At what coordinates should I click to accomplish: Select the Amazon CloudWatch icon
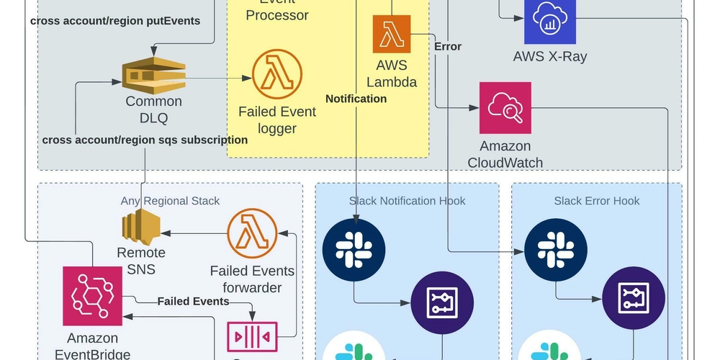click(x=505, y=107)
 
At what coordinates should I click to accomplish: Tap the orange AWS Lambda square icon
click(x=391, y=34)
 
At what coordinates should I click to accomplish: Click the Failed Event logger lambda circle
click(x=276, y=75)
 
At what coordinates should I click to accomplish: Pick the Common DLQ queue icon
click(x=153, y=76)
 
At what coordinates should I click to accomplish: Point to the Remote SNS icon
click(x=140, y=227)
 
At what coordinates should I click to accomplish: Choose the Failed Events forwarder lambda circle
click(x=252, y=235)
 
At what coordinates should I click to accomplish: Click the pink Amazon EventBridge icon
click(x=92, y=296)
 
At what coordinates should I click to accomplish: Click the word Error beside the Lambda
click(x=448, y=46)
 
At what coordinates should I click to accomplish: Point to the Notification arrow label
click(x=356, y=98)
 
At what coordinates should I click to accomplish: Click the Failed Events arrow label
click(x=193, y=301)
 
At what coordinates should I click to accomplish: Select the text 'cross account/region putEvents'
click(x=115, y=21)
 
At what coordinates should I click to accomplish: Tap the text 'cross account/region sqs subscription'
click(x=145, y=140)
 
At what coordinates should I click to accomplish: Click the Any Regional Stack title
click(x=170, y=200)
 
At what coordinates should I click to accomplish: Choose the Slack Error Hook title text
click(x=596, y=200)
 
